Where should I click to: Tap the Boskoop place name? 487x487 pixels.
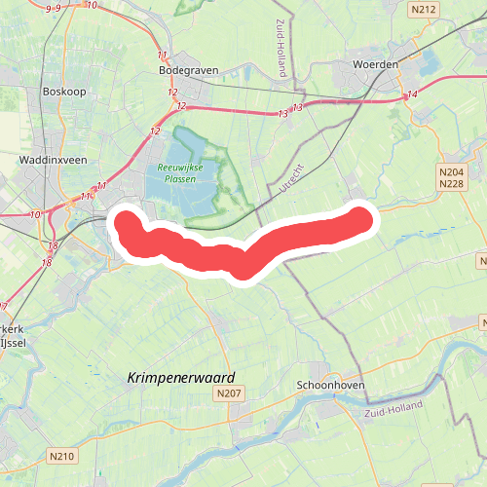66,92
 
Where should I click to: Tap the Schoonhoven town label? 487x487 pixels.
330,385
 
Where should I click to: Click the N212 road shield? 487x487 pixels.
423,11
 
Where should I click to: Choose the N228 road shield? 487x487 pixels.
450,183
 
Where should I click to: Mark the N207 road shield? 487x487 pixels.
230,393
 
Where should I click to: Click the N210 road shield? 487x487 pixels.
60,455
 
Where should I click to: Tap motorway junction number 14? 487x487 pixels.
413,94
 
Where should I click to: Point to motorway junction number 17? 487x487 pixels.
3,308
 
